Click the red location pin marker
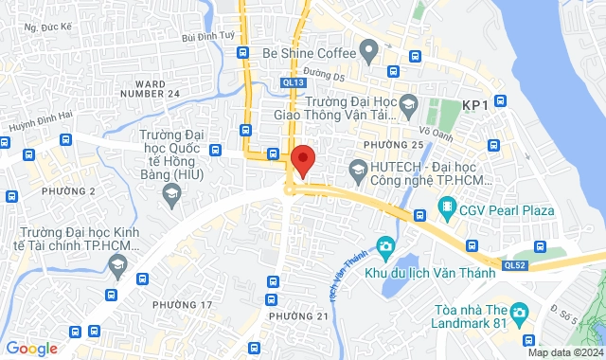(302, 160)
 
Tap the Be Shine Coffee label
(309, 52)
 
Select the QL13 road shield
(293, 82)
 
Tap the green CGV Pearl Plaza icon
(447, 206)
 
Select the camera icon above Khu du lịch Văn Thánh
(384, 248)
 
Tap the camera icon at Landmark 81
(518, 312)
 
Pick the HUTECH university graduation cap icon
(358, 171)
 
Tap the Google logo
(30, 348)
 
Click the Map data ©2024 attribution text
(563, 352)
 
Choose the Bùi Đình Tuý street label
(206, 36)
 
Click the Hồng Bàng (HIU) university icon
(171, 194)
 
